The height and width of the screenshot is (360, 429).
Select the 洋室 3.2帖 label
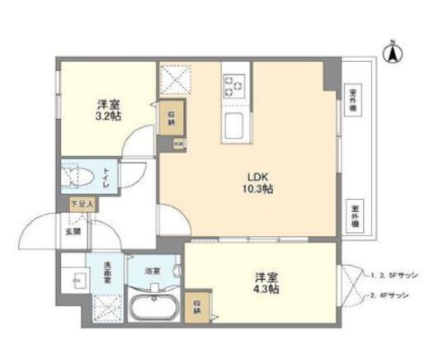[x=105, y=111]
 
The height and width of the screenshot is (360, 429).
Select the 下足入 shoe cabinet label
[x=82, y=202]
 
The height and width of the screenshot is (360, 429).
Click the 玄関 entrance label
[x=74, y=231]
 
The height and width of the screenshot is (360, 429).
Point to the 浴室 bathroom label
[x=153, y=270]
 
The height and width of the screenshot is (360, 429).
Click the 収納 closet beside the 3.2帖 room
[x=172, y=118]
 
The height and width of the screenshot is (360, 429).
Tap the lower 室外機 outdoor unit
[x=355, y=216]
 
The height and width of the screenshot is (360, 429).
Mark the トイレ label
[x=106, y=178]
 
